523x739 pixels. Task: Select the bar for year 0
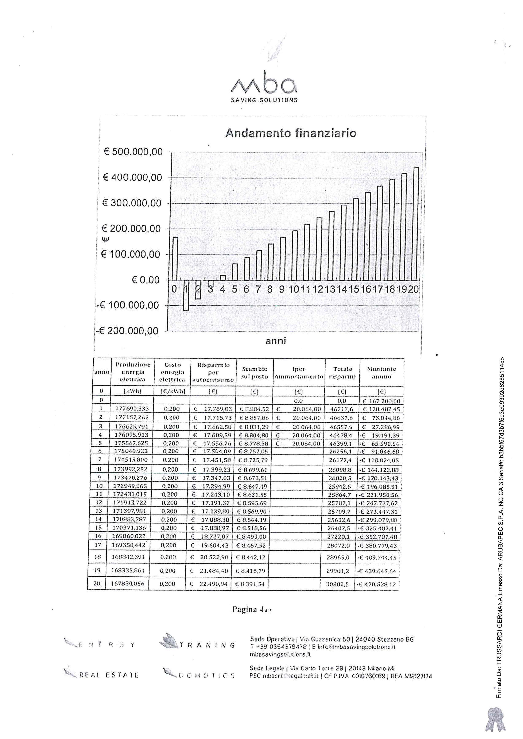(175, 259)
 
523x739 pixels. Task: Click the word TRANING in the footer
(207, 645)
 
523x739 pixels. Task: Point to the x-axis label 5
(235, 289)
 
